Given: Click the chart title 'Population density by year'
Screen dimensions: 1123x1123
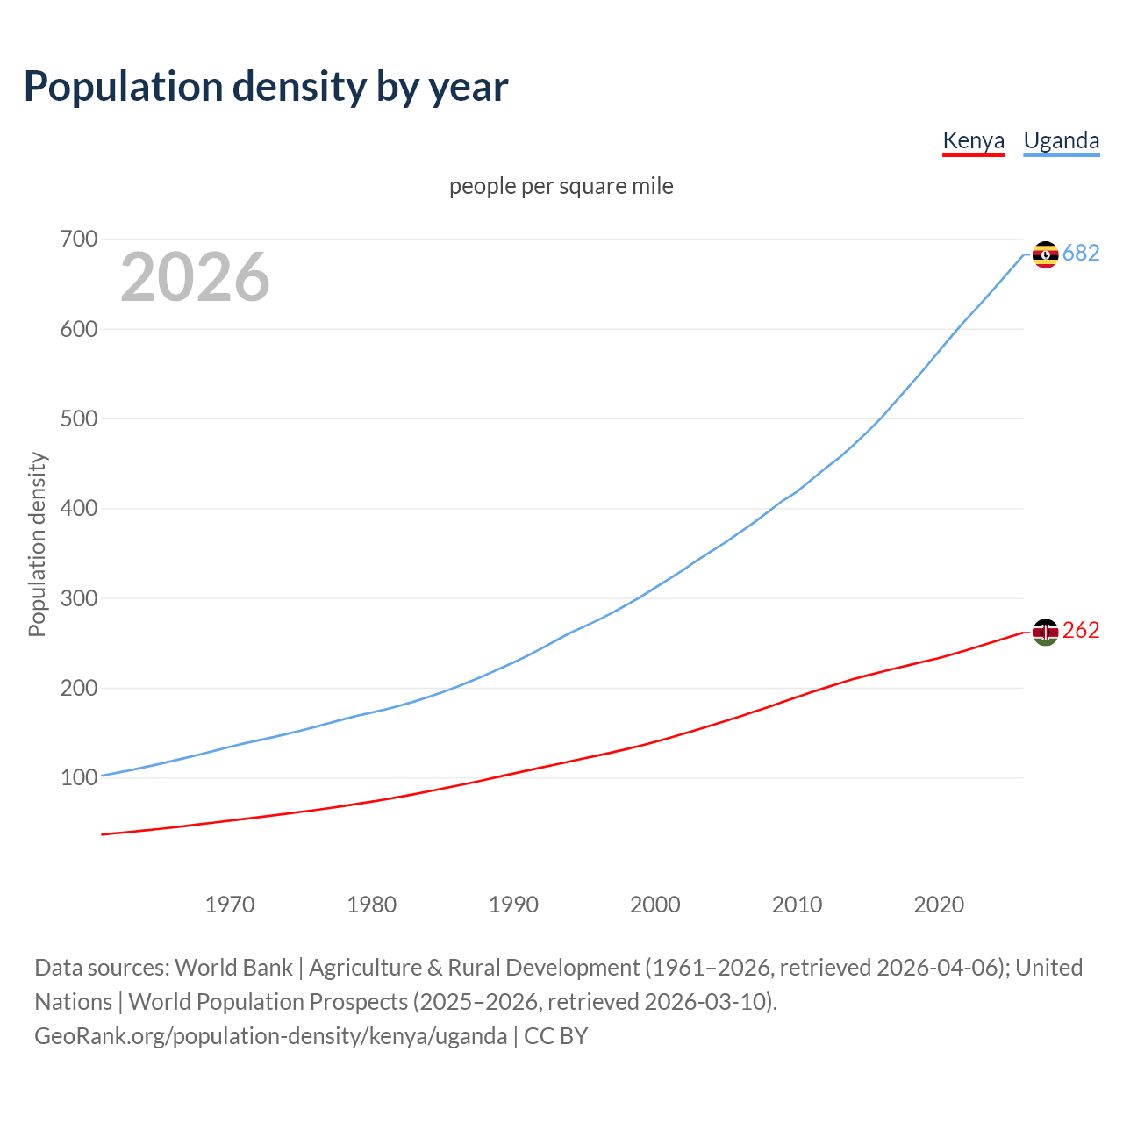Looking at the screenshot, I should (x=266, y=86).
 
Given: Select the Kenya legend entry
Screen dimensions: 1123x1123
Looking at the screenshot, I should (x=973, y=140).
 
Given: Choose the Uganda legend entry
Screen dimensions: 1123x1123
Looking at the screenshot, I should (x=1061, y=140).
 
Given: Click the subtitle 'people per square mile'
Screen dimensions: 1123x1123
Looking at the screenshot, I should (x=561, y=186).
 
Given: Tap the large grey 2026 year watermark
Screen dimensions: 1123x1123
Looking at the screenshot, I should (x=195, y=277).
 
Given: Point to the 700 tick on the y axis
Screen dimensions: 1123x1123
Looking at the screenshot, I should (x=79, y=239).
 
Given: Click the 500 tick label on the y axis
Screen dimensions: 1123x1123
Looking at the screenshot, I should (x=79, y=418).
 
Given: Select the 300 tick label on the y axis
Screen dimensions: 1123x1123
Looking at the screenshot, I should (x=79, y=598).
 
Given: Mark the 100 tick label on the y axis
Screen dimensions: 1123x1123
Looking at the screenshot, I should (x=79, y=777).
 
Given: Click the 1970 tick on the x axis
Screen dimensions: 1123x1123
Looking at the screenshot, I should (x=230, y=904).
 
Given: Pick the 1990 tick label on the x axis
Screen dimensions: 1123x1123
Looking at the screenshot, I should (x=513, y=904).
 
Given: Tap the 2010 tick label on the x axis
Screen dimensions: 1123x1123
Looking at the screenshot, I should (x=797, y=904).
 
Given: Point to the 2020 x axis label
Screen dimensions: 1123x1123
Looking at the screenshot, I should (x=939, y=904).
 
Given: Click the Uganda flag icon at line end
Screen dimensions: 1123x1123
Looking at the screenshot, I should (x=1045, y=254).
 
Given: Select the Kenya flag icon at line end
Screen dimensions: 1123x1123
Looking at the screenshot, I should (x=1045, y=632).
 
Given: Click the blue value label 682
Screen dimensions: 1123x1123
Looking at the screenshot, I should (x=1081, y=253).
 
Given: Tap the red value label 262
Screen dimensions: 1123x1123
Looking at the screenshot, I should (x=1081, y=630).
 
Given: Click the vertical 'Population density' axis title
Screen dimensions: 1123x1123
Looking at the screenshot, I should (x=37, y=544).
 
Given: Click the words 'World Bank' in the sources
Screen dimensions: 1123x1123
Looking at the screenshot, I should (x=233, y=967).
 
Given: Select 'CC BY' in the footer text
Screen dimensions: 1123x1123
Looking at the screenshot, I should (x=555, y=1035).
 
